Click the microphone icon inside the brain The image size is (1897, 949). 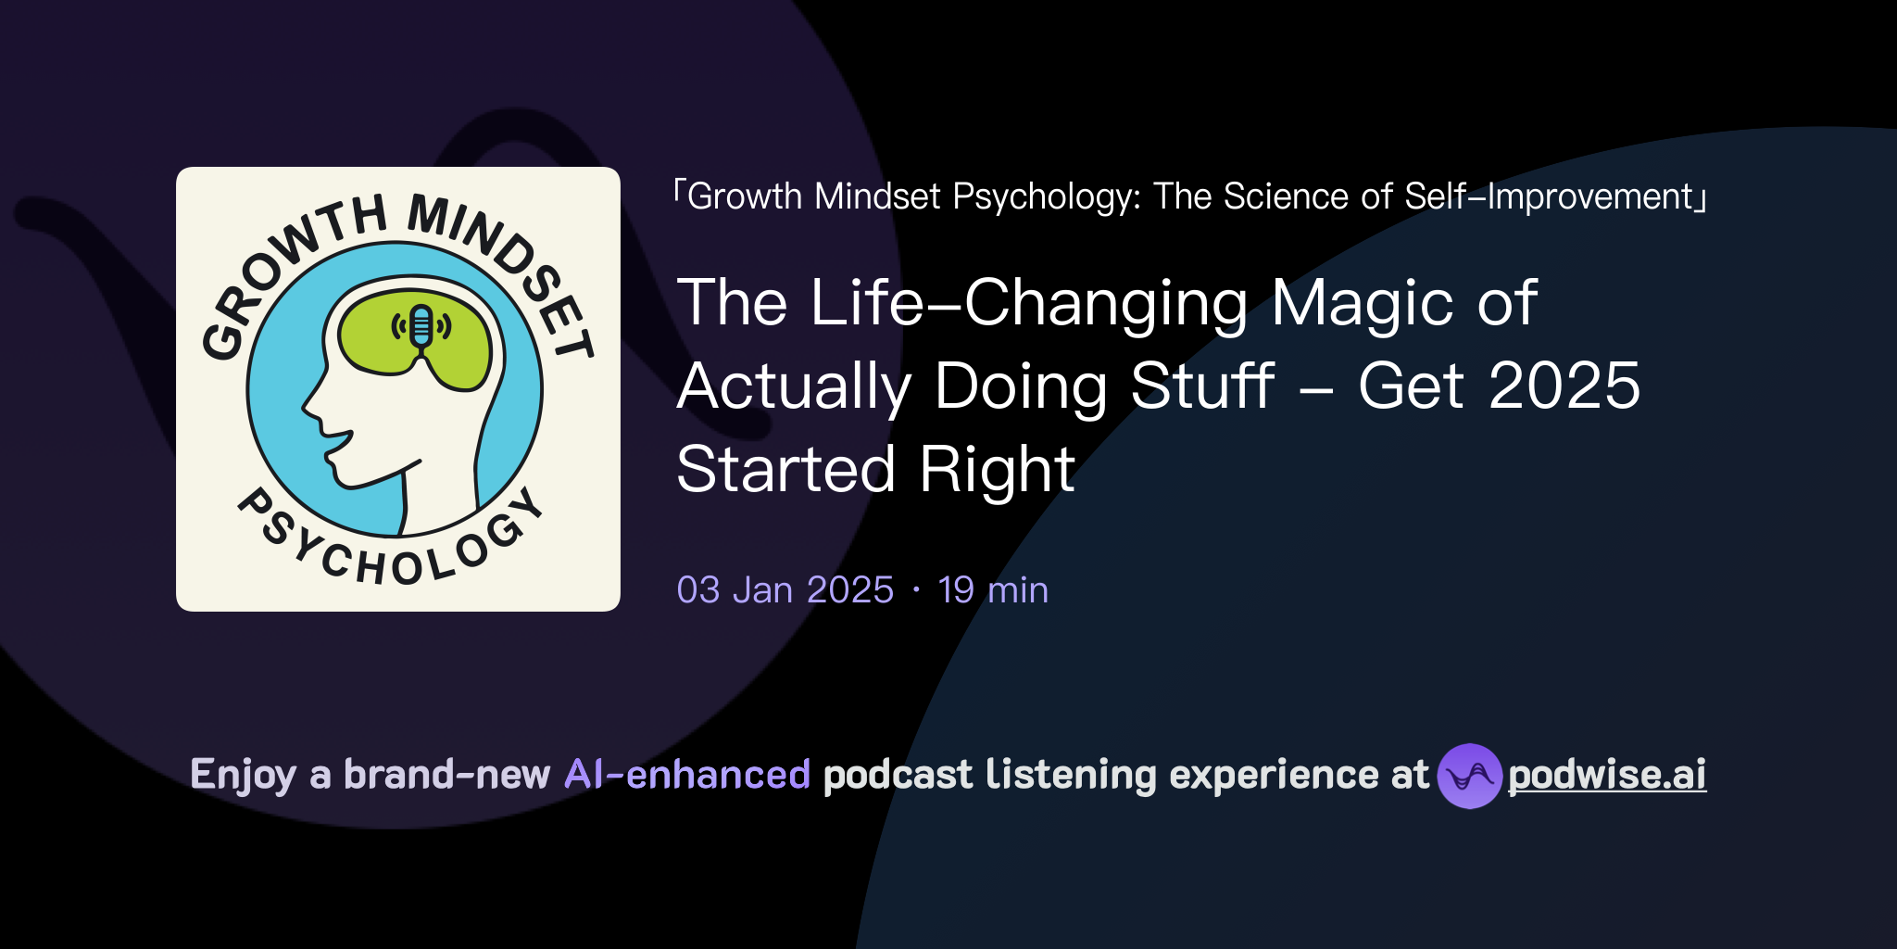coord(421,328)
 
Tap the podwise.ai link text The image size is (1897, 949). coord(1607,776)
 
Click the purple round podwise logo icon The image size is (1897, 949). coord(1469,776)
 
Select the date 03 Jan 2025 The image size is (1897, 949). coord(785,590)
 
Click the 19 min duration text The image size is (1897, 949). coord(993,590)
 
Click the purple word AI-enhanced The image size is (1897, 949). coord(687,775)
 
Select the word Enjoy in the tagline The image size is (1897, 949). coord(243,776)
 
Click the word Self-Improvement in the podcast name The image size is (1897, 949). coord(1548,196)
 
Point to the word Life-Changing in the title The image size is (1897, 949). coord(1028,303)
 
